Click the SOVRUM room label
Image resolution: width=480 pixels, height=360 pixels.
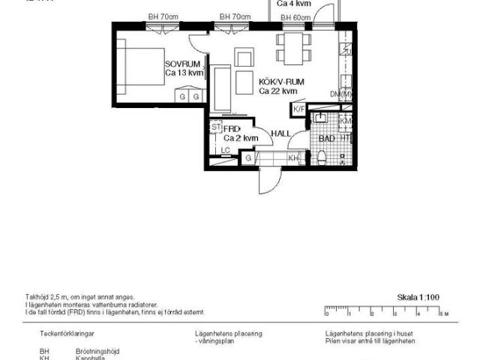click(x=183, y=64)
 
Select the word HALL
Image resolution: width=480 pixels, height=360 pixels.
click(x=280, y=133)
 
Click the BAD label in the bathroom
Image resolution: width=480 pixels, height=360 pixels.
click(x=326, y=139)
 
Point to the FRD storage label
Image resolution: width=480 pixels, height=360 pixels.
click(x=232, y=129)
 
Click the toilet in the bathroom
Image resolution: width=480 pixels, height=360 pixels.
click(x=321, y=156)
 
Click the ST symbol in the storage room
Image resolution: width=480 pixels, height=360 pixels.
click(x=215, y=127)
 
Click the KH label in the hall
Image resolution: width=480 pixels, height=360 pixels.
click(x=293, y=158)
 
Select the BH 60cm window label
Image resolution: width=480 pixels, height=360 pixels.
click(x=295, y=17)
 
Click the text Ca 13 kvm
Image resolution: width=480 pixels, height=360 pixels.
click(x=183, y=73)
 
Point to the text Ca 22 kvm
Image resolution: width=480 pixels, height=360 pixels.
click(x=277, y=91)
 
